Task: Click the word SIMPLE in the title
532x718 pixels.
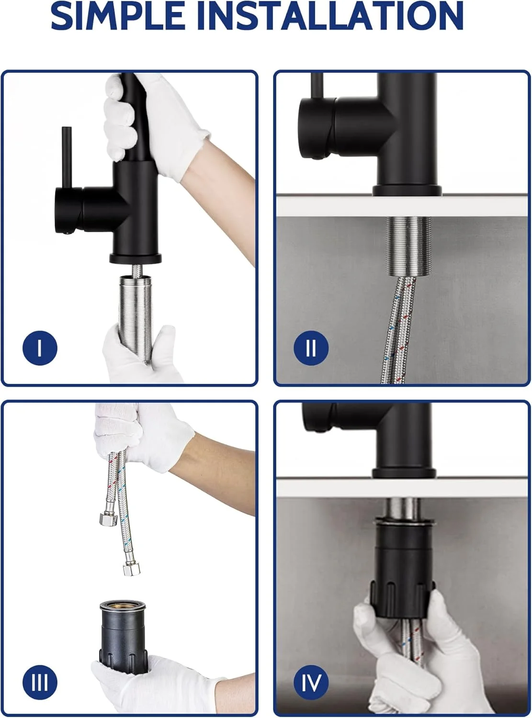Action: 118,15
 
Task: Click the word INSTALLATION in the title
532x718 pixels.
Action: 331,15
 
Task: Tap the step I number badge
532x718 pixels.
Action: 40,348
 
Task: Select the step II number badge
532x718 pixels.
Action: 311,348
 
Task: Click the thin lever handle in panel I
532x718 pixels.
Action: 67,157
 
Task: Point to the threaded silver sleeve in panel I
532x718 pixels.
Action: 136,319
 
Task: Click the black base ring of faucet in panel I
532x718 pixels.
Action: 136,258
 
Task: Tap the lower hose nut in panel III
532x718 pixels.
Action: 132,570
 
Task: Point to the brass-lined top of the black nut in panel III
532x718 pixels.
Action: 123,605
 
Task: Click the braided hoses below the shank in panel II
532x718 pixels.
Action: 397,330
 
